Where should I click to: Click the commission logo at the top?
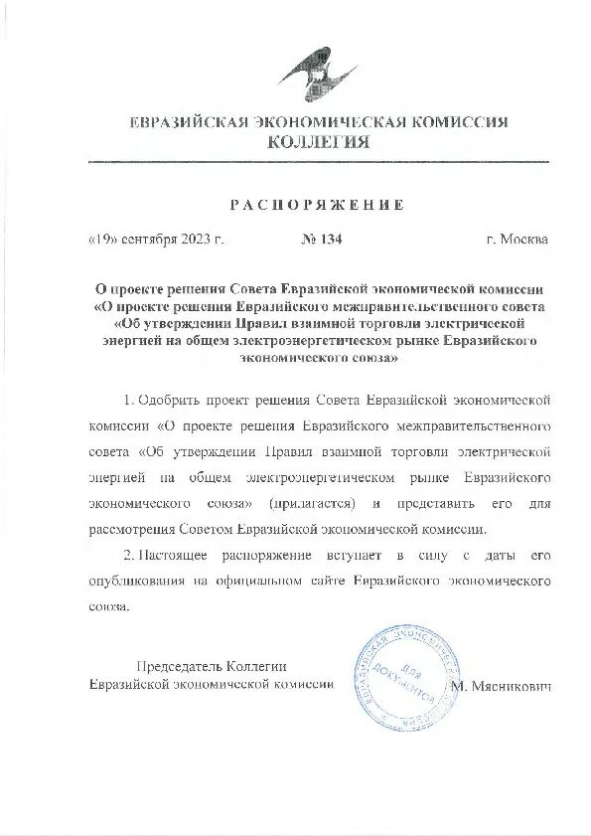(x=317, y=74)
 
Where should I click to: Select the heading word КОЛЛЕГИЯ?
(x=319, y=143)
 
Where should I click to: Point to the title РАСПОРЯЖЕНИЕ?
(x=318, y=205)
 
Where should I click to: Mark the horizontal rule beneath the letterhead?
(x=318, y=161)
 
